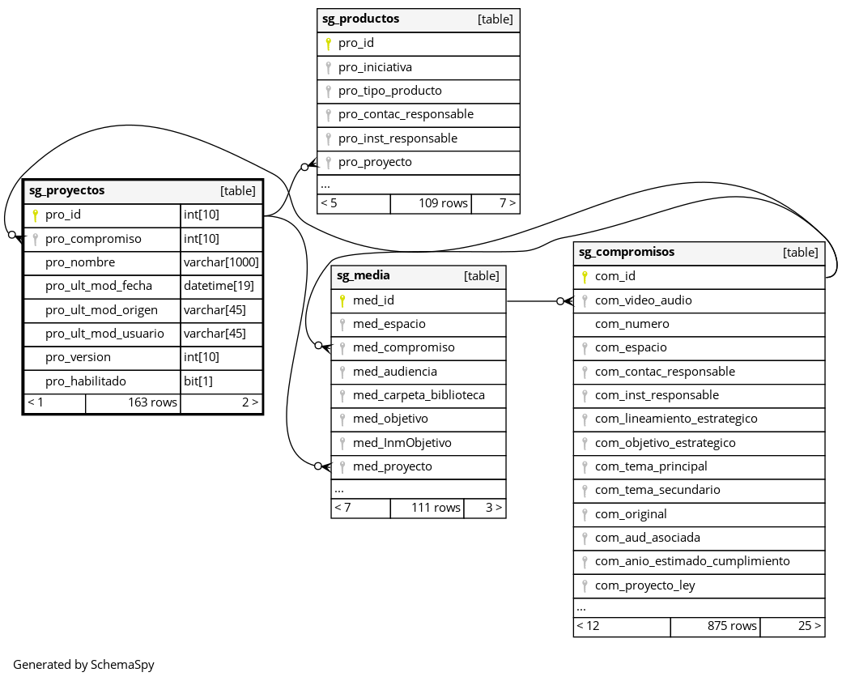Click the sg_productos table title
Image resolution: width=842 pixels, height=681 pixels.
(361, 19)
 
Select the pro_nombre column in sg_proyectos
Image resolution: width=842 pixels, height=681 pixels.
(80, 262)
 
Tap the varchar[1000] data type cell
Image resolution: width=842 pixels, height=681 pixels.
(221, 262)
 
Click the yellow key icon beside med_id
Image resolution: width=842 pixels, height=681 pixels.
(342, 300)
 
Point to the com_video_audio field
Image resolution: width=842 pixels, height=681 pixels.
(643, 300)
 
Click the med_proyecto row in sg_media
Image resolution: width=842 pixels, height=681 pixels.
(392, 466)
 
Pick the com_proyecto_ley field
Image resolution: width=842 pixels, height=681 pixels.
(644, 585)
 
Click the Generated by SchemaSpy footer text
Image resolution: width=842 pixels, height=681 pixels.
(83, 665)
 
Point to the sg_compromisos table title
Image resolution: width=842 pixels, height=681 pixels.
(627, 252)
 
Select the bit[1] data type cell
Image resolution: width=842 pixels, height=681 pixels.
(198, 381)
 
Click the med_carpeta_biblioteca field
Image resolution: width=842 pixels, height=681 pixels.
(419, 395)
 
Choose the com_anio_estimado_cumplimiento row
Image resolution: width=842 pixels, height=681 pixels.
(692, 561)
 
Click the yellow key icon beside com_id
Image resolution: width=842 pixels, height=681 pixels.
(585, 276)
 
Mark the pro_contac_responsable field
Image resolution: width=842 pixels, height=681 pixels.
(406, 114)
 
